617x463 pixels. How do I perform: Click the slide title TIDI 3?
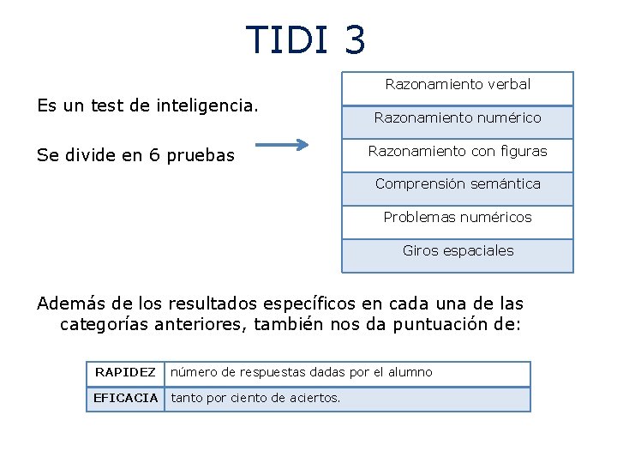pyautogui.click(x=306, y=39)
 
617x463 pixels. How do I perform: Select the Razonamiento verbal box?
pyautogui.click(x=458, y=85)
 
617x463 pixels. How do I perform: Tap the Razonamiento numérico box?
pyautogui.click(x=458, y=118)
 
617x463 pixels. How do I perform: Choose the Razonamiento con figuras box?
pyautogui.click(x=458, y=152)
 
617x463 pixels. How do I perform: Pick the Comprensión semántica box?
pyautogui.click(x=458, y=184)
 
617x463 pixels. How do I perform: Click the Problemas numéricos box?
pyautogui.click(x=458, y=218)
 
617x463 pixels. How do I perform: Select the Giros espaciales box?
pyautogui.click(x=458, y=251)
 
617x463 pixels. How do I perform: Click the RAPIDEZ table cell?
pyautogui.click(x=125, y=372)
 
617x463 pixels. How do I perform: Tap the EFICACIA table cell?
pyautogui.click(x=125, y=398)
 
